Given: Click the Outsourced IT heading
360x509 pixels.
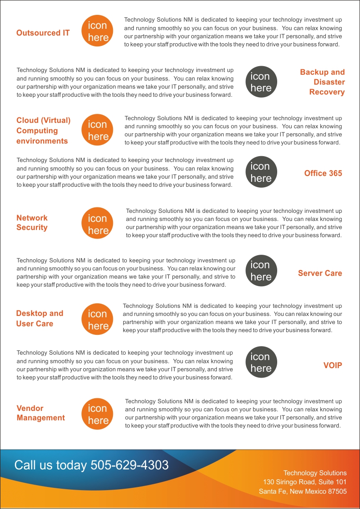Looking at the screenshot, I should pyautogui.click(x=43, y=33).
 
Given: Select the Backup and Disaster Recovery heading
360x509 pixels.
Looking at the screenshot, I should pyautogui.click(x=322, y=82).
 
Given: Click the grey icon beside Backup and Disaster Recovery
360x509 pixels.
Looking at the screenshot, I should pyautogui.click(x=261, y=82).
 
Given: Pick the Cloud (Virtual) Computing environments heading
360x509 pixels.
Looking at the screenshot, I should pyautogui.click(x=43, y=131).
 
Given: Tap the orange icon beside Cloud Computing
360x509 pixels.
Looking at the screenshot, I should pyautogui.click(x=98, y=131).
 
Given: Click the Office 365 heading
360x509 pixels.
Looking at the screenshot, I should pyautogui.click(x=323, y=173).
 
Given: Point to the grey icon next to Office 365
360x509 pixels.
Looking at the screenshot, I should pyautogui.click(x=261, y=172).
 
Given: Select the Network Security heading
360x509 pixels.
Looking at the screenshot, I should pyautogui.click(x=32, y=222).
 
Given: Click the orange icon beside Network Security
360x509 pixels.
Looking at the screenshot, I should pyautogui.click(x=98, y=224).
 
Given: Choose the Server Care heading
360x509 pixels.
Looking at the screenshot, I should pyautogui.click(x=319, y=273).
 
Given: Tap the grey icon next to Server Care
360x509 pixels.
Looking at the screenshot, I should pyautogui.click(x=261, y=271).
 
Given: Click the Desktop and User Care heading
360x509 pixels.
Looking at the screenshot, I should pyautogui.click(x=40, y=318).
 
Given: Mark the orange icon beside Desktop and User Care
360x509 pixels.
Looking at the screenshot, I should pyautogui.click(x=98, y=320).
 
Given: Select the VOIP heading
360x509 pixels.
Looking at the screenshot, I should pyautogui.click(x=333, y=365).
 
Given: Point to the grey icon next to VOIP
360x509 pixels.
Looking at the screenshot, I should pyautogui.click(x=261, y=362).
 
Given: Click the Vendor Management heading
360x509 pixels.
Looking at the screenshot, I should pyautogui.click(x=40, y=413).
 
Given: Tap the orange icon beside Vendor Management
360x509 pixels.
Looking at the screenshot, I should pyautogui.click(x=98, y=414).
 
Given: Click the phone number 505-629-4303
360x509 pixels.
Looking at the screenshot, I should pyautogui.click(x=130, y=465).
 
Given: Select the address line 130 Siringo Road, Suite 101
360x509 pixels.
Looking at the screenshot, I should pyautogui.click(x=305, y=482).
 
